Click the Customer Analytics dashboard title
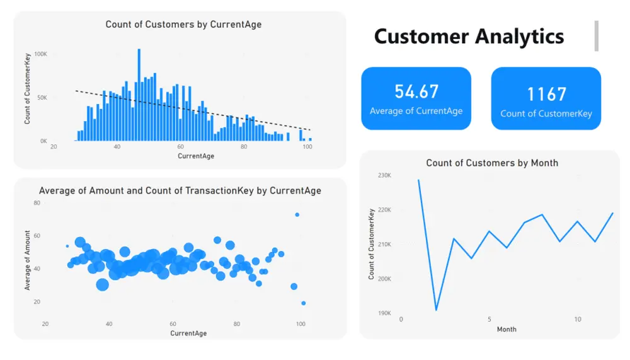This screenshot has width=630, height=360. tap(469, 36)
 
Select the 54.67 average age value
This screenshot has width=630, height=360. tap(416, 91)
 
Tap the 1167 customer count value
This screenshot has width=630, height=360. tap(546, 94)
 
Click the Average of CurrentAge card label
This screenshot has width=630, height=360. tap(416, 111)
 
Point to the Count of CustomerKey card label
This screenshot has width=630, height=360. tap(546, 113)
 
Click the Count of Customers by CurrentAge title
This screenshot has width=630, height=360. tap(183, 25)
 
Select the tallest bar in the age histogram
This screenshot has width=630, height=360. tap(139, 95)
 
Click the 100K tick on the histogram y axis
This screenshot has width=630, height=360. tap(40, 55)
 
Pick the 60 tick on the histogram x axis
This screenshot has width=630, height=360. tap(180, 147)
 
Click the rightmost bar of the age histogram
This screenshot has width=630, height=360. tap(310, 139)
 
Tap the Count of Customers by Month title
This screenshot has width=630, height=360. tap(492, 163)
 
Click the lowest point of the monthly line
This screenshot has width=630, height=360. tap(436, 310)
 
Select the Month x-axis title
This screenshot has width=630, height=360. tap(507, 329)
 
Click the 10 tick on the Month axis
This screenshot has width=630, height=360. tap(577, 320)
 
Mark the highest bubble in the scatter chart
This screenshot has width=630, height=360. tap(297, 215)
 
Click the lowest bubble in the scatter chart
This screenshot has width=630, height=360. tap(303, 303)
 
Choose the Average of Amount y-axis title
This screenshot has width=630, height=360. tap(28, 260)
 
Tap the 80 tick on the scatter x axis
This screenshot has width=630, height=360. tap(237, 324)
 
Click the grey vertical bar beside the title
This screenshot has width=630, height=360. tap(596, 35)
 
